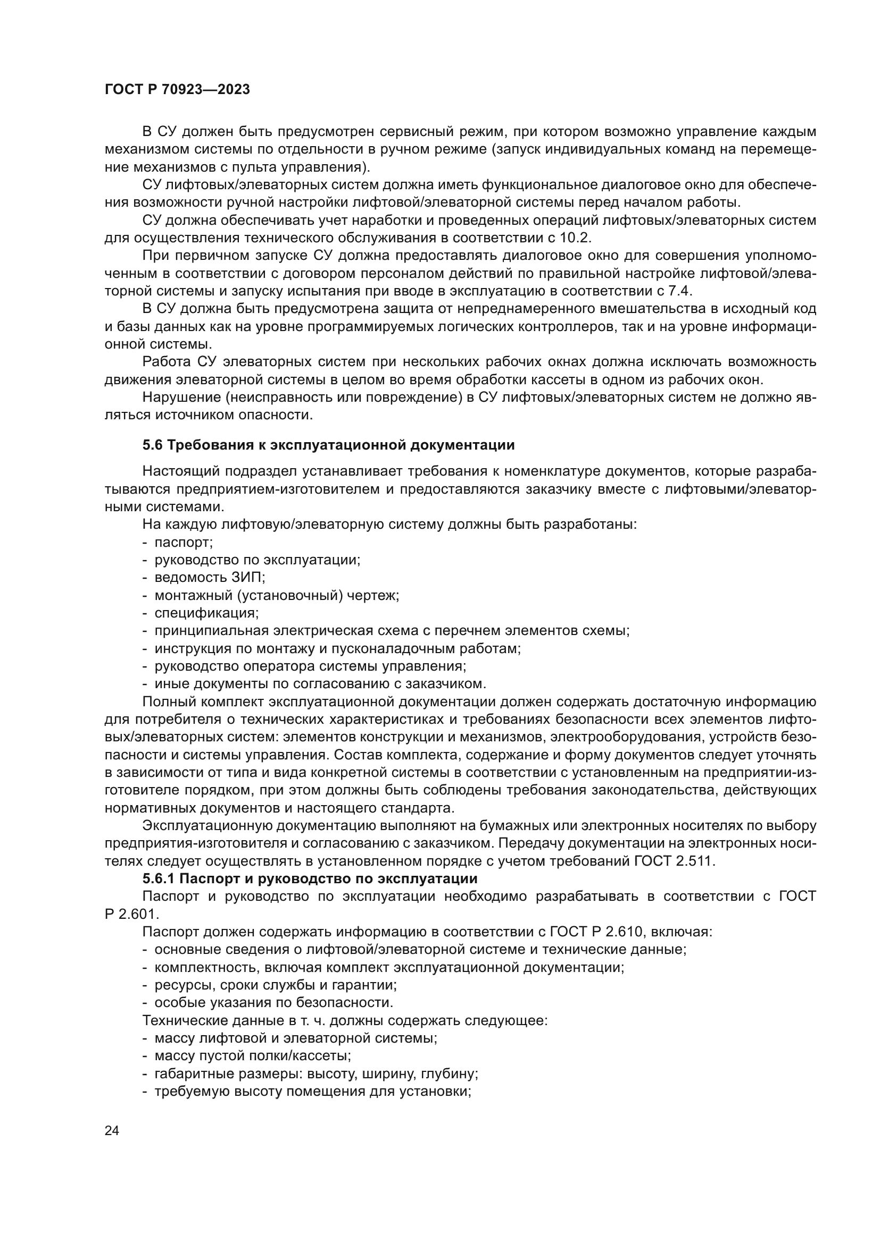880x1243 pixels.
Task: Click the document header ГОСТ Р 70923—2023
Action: coord(177,90)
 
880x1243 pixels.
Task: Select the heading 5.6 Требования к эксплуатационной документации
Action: coord(328,445)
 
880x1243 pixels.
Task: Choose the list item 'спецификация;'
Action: coord(206,613)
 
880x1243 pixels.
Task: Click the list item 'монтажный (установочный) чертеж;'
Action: coord(277,595)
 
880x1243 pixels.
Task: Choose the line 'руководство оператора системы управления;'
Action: coord(311,666)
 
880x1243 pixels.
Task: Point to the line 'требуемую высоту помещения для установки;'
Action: coord(313,1091)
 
